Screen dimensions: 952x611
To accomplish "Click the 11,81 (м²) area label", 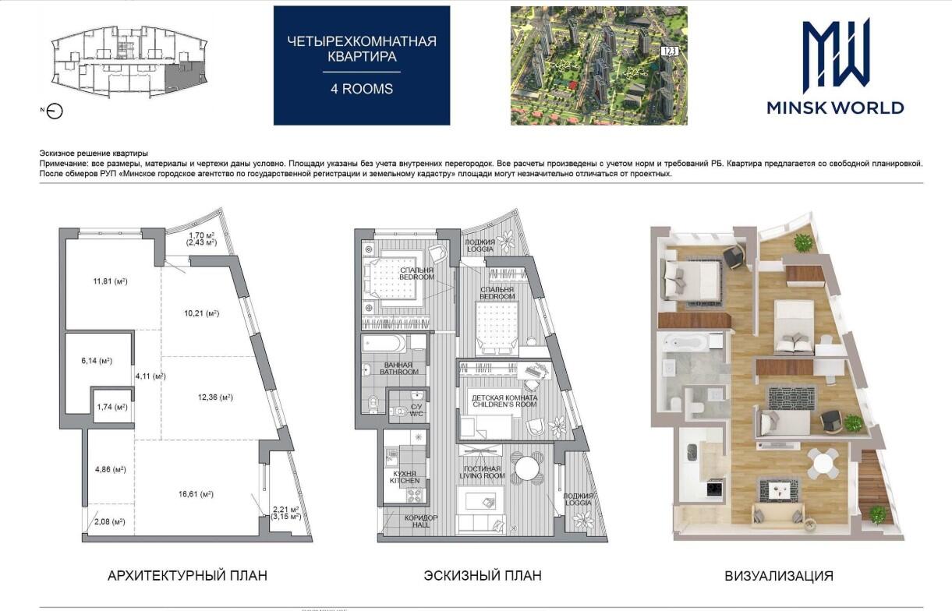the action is tap(110, 281).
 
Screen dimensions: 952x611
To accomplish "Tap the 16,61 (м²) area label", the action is tap(196, 494).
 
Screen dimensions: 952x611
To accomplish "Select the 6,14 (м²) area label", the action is tap(97, 361).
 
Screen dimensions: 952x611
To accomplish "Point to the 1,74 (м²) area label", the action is tap(112, 407).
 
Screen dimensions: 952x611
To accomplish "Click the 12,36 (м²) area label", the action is tap(215, 397).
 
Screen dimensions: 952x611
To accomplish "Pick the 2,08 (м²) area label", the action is tap(110, 522).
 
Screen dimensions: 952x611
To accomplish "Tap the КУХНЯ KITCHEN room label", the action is tap(405, 477).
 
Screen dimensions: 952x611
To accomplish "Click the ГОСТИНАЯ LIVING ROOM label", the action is tap(482, 472).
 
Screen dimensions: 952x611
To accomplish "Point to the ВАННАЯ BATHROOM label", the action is tap(399, 369).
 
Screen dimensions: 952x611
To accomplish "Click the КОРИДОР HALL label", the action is tap(421, 521).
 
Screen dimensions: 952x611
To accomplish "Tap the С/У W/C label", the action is tap(416, 410).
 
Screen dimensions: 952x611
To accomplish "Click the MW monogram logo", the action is tap(836, 55).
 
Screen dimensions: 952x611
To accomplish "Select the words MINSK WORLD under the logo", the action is tap(836, 108).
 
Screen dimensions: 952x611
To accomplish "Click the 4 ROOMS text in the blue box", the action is tap(362, 89).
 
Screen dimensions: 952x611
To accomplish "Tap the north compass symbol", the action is tap(55, 111).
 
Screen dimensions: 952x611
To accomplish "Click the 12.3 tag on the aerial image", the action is tap(669, 51).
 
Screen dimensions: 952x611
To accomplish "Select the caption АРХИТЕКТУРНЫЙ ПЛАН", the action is tap(187, 576).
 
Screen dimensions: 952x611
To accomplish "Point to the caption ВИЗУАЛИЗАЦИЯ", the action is tap(779, 576).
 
